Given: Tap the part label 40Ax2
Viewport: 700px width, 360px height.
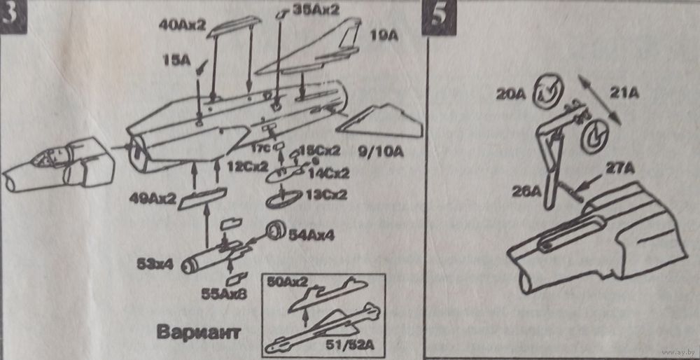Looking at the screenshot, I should coord(182,25).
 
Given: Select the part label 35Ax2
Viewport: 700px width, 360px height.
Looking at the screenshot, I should coord(315,10).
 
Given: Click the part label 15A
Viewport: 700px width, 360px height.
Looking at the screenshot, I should coord(174,62).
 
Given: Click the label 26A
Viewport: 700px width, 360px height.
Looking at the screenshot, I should coord(528,191).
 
